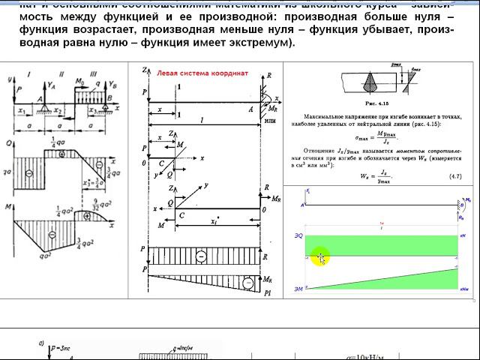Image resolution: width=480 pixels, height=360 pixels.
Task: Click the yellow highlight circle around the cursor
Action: tap(320, 259)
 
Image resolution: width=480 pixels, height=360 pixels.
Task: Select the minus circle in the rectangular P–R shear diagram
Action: tap(201, 256)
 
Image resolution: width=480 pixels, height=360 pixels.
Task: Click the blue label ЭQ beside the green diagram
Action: tap(298, 236)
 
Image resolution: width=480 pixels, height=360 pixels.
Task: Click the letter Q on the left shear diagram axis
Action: tap(8, 142)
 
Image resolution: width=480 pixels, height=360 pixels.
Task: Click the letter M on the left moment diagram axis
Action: tap(8, 205)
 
